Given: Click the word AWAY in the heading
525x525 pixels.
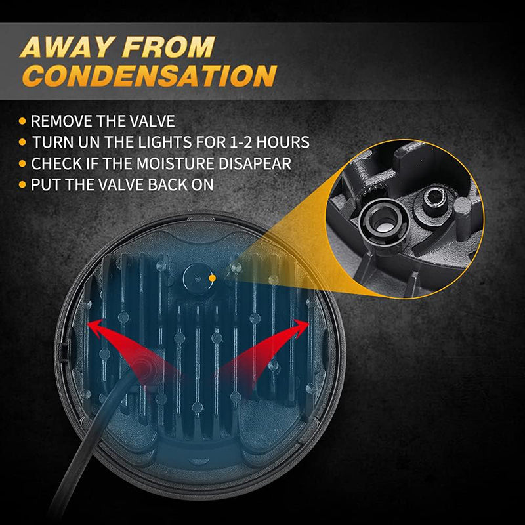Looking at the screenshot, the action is [66, 47].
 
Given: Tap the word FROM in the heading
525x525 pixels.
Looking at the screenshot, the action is [168, 47].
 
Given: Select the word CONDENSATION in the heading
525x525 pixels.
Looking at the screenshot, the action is [150, 75].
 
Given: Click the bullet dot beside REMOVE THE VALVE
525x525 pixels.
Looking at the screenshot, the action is [22, 121].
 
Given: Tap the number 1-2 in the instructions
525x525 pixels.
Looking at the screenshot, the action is [241, 142].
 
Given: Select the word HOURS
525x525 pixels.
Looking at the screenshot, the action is [283, 142].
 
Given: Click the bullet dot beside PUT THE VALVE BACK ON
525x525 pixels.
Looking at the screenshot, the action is [22, 184].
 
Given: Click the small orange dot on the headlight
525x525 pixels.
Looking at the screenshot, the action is [212, 278].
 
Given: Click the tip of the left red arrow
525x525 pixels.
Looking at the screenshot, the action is [88, 324].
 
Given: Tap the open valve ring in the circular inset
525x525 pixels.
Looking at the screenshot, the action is [383, 222].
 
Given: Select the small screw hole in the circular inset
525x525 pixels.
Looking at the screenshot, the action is [434, 195].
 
